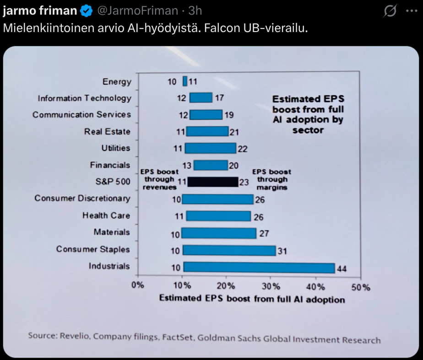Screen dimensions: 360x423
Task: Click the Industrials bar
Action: [259, 267]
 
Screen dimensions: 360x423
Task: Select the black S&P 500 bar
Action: [213, 182]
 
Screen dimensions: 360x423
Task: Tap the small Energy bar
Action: [185, 81]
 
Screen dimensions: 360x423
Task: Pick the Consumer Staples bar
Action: [229, 250]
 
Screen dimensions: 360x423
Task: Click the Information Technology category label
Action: [84, 98]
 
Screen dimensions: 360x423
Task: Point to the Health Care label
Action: [106, 215]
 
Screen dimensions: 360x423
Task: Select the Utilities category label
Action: [116, 148]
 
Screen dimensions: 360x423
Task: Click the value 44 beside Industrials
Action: [342, 269]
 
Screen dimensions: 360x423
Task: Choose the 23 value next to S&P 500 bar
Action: [244, 182]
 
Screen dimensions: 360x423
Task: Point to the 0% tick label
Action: [137, 286]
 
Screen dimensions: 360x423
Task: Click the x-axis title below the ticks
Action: [252, 299]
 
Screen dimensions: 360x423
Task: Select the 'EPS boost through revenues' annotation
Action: [159, 179]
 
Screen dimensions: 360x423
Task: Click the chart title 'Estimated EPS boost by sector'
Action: [308, 114]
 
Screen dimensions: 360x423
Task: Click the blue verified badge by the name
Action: [86, 10]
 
